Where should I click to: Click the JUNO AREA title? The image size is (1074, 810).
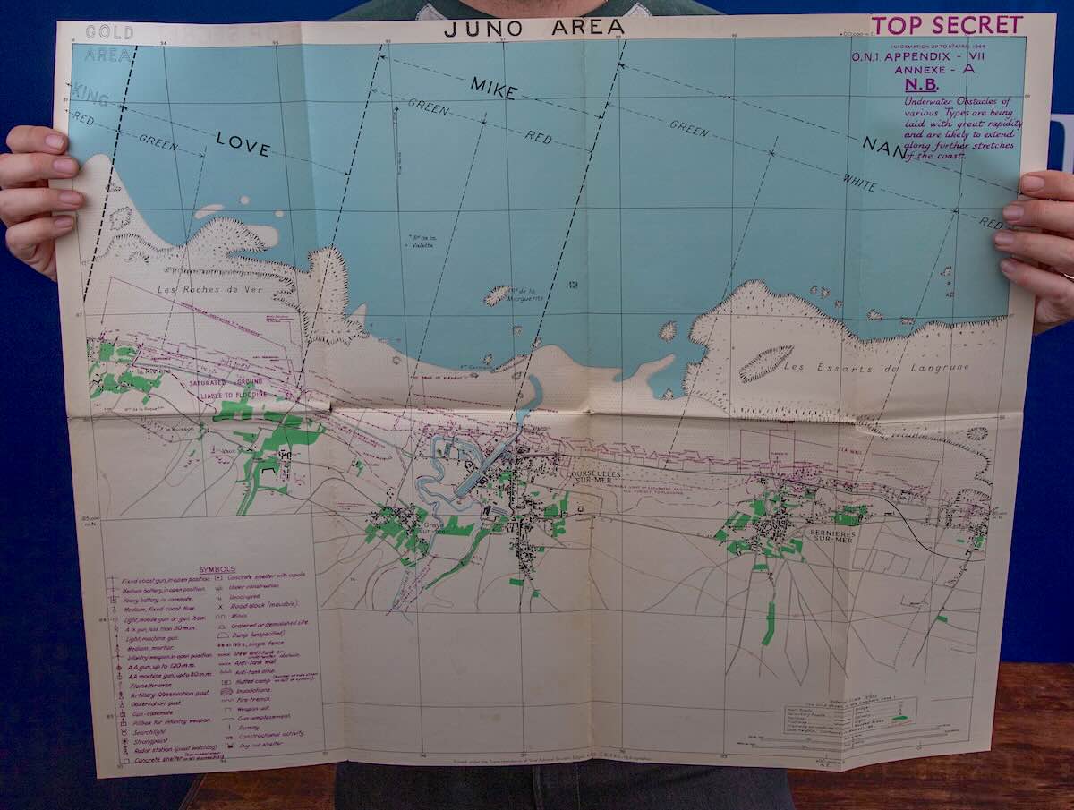click(534, 27)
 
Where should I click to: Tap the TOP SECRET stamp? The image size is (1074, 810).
click(948, 25)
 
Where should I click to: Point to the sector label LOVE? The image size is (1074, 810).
click(243, 144)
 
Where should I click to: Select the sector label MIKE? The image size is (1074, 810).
click(493, 88)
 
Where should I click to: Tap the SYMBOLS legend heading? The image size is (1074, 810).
click(217, 568)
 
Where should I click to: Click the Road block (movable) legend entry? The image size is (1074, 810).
click(269, 606)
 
